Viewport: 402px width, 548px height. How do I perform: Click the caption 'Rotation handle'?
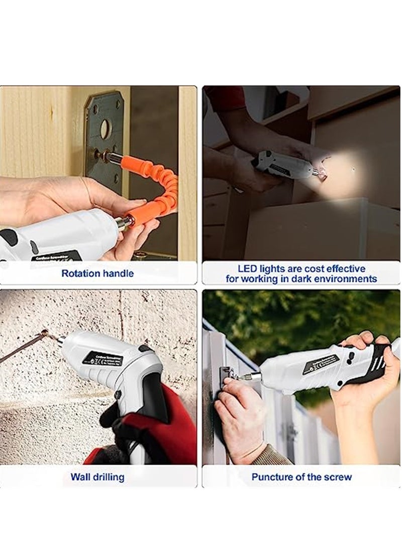click(97, 274)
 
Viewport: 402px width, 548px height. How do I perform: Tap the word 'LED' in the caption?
click(249, 269)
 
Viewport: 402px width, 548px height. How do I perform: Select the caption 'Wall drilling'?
click(97, 477)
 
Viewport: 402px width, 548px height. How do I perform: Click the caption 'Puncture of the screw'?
click(301, 477)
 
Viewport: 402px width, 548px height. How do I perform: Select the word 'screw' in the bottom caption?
click(338, 477)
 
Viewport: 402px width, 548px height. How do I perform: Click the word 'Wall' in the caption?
click(81, 477)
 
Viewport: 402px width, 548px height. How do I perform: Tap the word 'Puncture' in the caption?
click(271, 477)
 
